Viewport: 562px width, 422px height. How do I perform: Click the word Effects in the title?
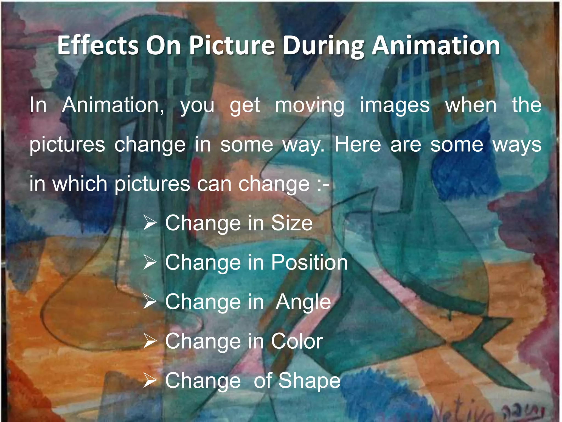[x=98, y=45]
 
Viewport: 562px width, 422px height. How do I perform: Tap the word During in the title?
[x=323, y=45]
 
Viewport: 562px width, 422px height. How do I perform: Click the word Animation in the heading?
[x=436, y=45]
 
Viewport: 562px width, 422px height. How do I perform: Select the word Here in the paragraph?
[x=358, y=145]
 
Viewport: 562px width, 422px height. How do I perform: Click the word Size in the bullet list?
[x=292, y=223]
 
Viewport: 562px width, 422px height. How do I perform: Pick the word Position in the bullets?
[x=309, y=262]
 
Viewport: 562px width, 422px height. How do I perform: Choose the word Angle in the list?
[x=303, y=302]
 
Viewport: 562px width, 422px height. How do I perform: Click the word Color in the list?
[x=297, y=341]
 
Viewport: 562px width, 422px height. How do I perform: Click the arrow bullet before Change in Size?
[x=150, y=223]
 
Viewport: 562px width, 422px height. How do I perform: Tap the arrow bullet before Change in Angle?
[x=150, y=302]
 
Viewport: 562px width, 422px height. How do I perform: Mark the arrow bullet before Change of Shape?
[x=150, y=381]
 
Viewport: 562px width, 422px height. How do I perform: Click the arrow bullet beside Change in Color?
[x=150, y=341]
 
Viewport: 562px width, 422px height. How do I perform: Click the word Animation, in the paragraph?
[x=113, y=105]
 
